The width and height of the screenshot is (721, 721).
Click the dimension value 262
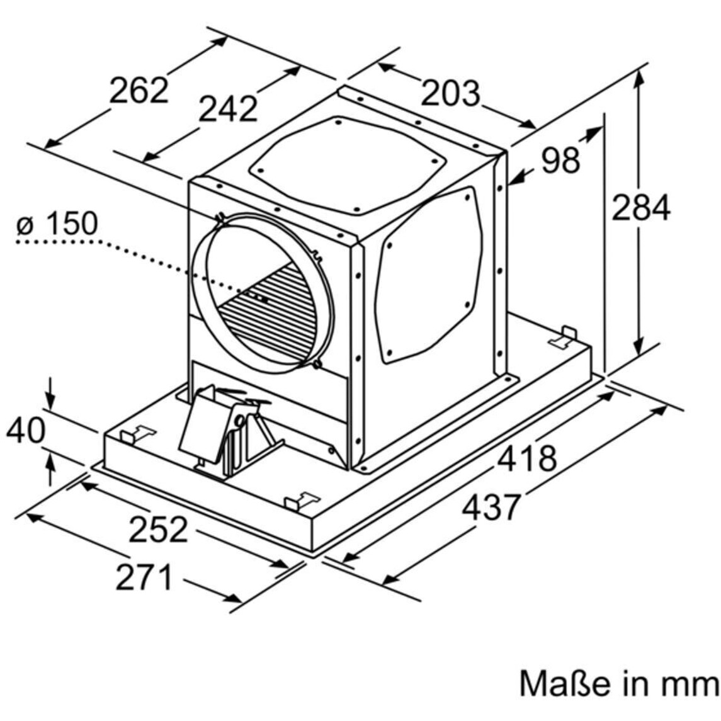139,90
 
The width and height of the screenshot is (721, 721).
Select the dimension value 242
227,109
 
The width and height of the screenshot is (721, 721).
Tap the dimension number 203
450,93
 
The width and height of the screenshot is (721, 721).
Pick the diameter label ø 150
57,223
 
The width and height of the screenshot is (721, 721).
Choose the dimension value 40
26,430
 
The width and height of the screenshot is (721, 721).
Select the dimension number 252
159,529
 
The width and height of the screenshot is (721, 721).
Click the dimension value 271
144,577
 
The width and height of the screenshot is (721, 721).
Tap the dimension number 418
527,458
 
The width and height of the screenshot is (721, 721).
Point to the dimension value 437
492,507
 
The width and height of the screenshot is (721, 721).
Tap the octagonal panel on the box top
348,164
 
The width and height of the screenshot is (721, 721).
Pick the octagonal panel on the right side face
429,275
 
